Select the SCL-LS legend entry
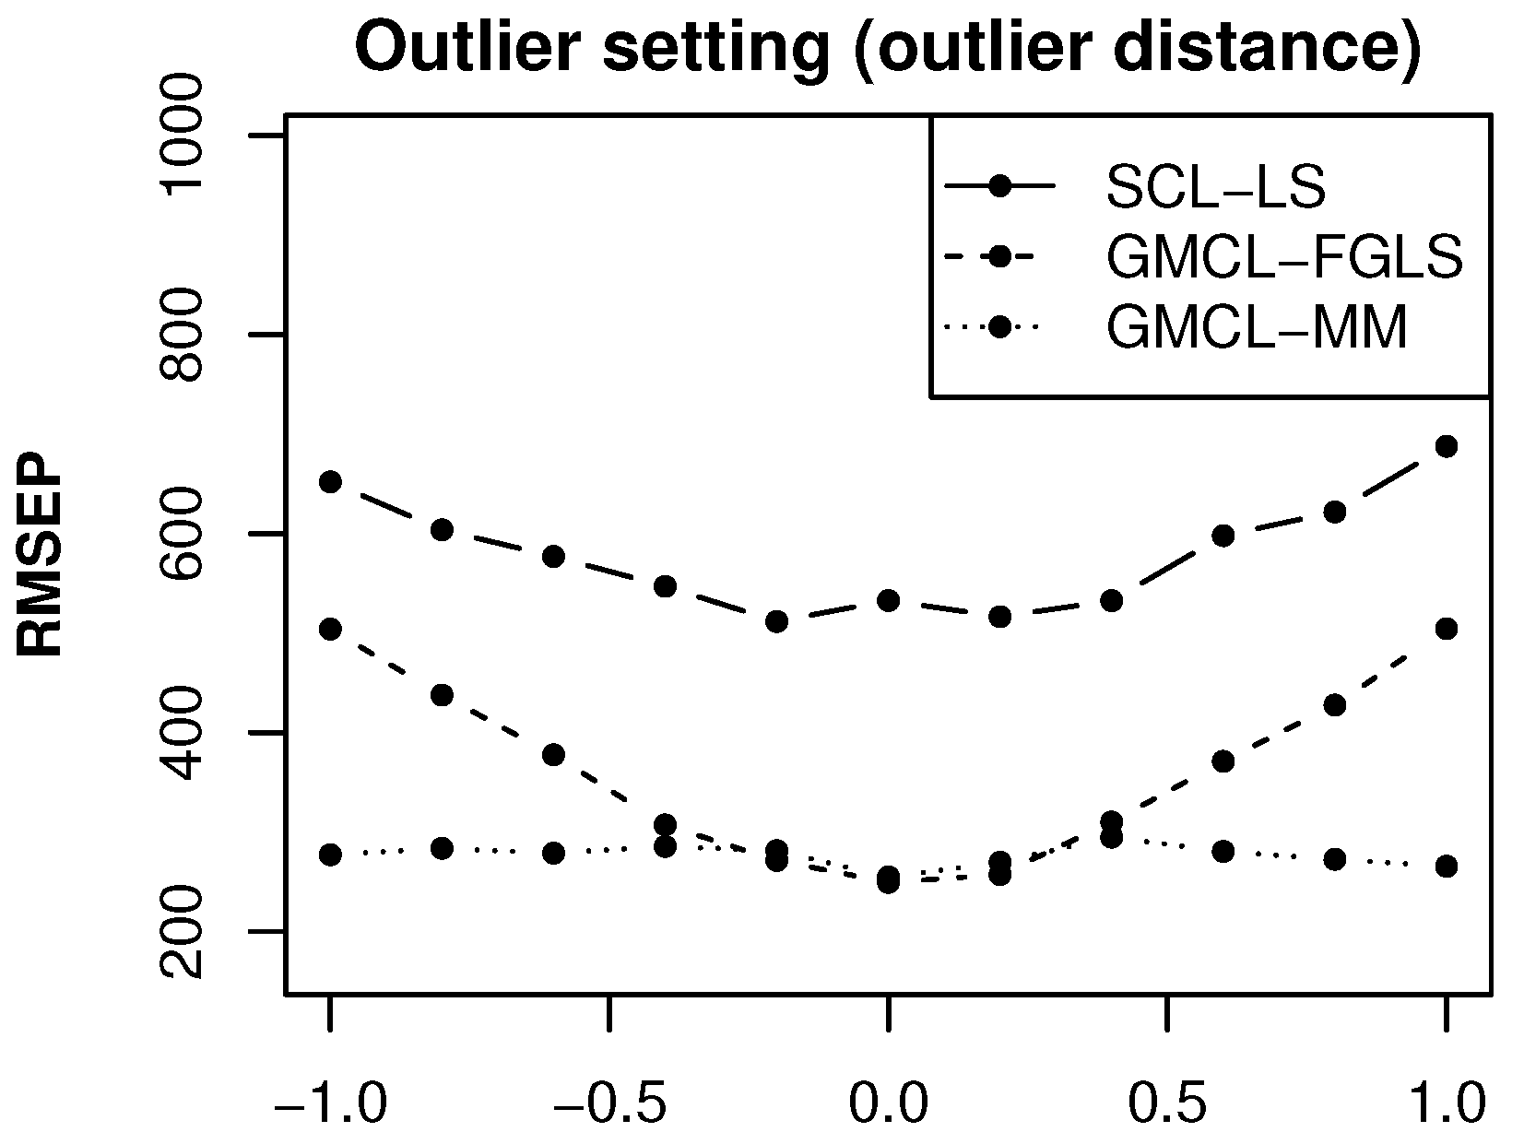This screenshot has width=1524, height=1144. [1214, 187]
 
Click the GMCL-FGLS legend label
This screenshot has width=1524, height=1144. [1284, 258]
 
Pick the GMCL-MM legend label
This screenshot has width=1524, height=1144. [1257, 327]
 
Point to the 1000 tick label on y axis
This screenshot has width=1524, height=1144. [181, 136]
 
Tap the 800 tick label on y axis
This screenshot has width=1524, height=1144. [181, 335]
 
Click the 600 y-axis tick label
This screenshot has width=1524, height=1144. [181, 534]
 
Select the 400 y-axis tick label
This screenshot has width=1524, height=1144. [181, 733]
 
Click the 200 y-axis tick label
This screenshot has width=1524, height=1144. [181, 932]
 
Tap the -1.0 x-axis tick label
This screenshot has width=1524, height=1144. [330, 1103]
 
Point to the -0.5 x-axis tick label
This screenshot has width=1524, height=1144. [608, 1103]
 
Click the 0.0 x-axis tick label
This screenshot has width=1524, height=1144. [887, 1103]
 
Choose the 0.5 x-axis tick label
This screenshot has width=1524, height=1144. [1167, 1103]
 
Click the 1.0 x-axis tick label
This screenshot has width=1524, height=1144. [1446, 1103]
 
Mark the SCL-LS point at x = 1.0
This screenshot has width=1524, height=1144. [1447, 446]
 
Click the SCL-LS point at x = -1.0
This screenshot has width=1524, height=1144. [330, 481]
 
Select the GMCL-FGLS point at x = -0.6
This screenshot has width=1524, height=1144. [553, 755]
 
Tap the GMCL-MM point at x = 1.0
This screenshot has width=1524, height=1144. [1447, 866]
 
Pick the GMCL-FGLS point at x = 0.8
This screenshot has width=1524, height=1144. [1335, 705]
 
